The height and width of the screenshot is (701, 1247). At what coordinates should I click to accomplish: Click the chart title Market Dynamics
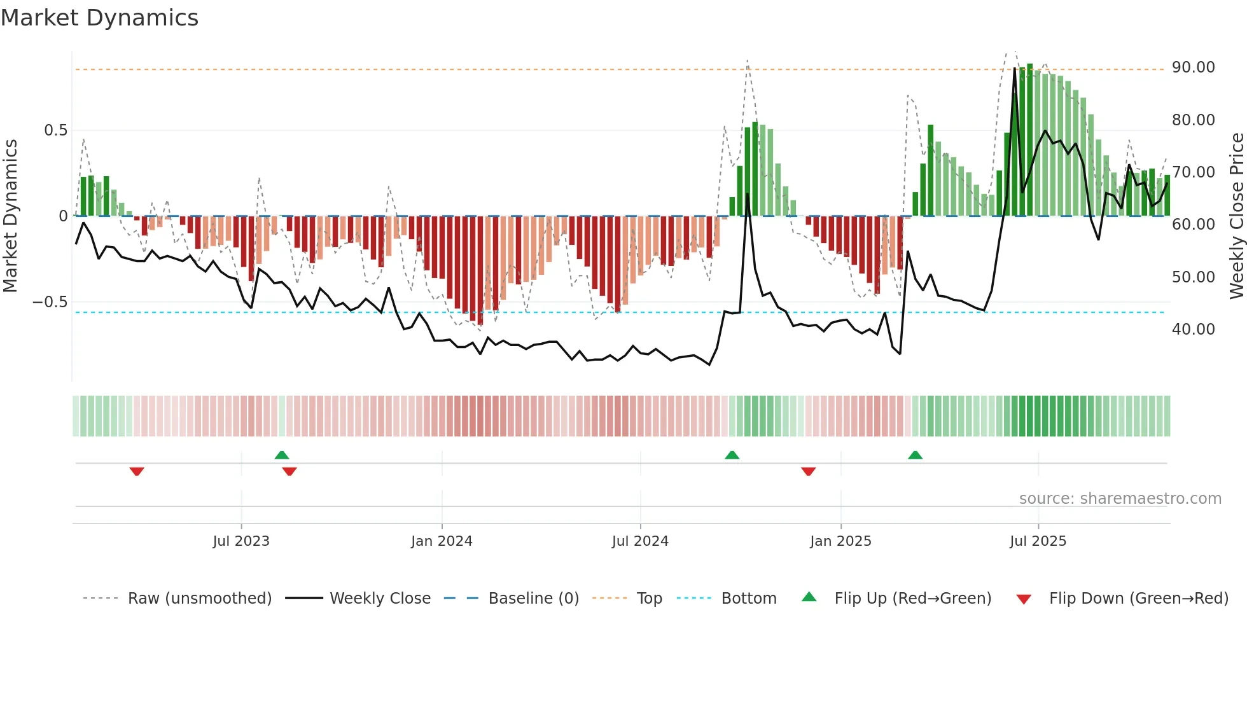[x=99, y=18]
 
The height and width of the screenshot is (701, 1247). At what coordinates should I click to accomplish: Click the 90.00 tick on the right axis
[x=1193, y=67]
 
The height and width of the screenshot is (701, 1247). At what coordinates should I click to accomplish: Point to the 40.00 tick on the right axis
[x=1193, y=330]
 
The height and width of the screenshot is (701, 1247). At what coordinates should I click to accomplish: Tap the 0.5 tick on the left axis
[x=55, y=130]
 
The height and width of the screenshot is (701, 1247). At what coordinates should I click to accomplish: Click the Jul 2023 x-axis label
[x=241, y=541]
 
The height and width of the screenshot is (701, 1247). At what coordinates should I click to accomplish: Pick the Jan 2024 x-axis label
[x=442, y=541]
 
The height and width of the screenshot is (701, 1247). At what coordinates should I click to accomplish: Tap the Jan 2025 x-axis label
[x=840, y=541]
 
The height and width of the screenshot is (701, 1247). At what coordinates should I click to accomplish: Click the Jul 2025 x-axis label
[x=1038, y=541]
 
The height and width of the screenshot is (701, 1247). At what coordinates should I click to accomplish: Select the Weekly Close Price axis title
[x=1236, y=216]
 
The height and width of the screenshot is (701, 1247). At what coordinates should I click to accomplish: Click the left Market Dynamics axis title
[x=10, y=216]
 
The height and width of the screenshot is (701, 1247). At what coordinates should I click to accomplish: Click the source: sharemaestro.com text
[x=1120, y=499]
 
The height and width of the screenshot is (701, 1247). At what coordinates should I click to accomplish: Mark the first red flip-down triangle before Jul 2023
[x=137, y=471]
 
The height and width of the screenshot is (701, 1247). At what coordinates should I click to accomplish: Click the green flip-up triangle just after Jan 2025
[x=915, y=455]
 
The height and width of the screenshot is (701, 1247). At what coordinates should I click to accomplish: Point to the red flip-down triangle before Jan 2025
[x=809, y=471]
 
